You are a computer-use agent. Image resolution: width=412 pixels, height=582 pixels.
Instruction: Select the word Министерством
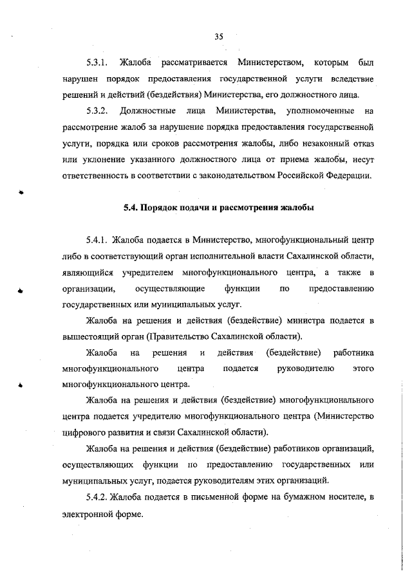[269, 63]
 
